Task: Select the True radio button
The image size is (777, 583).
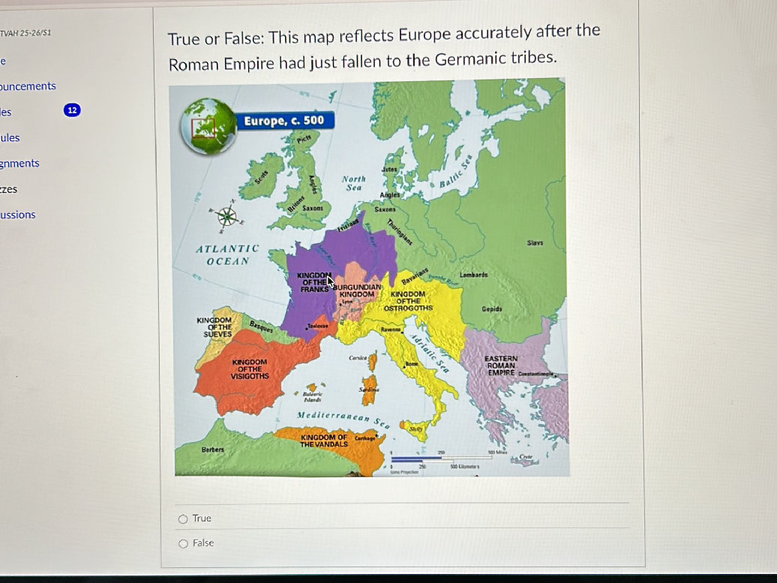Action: click(x=183, y=518)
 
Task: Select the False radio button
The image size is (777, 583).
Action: click(x=183, y=543)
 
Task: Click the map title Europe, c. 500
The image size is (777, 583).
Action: click(x=284, y=121)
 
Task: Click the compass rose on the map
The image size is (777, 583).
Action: click(x=227, y=217)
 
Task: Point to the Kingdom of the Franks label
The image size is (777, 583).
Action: click(x=313, y=282)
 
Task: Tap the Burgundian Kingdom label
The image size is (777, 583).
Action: click(x=358, y=291)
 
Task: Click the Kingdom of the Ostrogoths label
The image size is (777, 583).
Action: click(x=408, y=301)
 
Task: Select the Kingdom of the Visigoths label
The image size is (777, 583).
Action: click(x=250, y=368)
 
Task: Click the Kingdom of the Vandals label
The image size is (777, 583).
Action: click(x=324, y=440)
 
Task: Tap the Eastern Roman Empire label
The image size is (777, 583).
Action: click(x=501, y=366)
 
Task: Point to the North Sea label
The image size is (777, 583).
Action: click(x=353, y=183)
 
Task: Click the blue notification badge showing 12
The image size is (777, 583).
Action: click(x=71, y=110)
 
